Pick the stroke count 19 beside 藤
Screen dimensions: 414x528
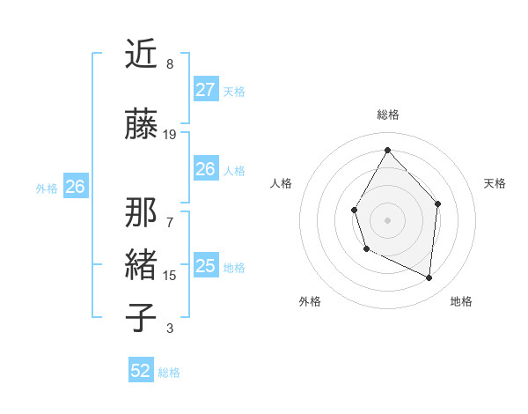(170, 135)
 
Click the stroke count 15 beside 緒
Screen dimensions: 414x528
(170, 276)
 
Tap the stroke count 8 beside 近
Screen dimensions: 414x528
(170, 64)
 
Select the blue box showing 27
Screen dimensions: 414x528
(205, 90)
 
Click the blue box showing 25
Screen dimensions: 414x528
(205, 266)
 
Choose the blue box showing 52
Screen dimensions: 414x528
(141, 371)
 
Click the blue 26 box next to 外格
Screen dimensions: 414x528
(75, 187)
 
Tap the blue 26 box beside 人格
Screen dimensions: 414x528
(205, 169)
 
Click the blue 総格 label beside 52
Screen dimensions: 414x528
(170, 373)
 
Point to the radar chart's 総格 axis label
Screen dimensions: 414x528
(387, 115)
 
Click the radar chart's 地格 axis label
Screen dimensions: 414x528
(461, 301)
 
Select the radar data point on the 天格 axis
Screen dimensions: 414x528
(438, 203)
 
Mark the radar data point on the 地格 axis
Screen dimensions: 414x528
(429, 277)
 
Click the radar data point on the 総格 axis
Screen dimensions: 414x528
(387, 150)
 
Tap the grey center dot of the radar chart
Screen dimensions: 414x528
(387, 219)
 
